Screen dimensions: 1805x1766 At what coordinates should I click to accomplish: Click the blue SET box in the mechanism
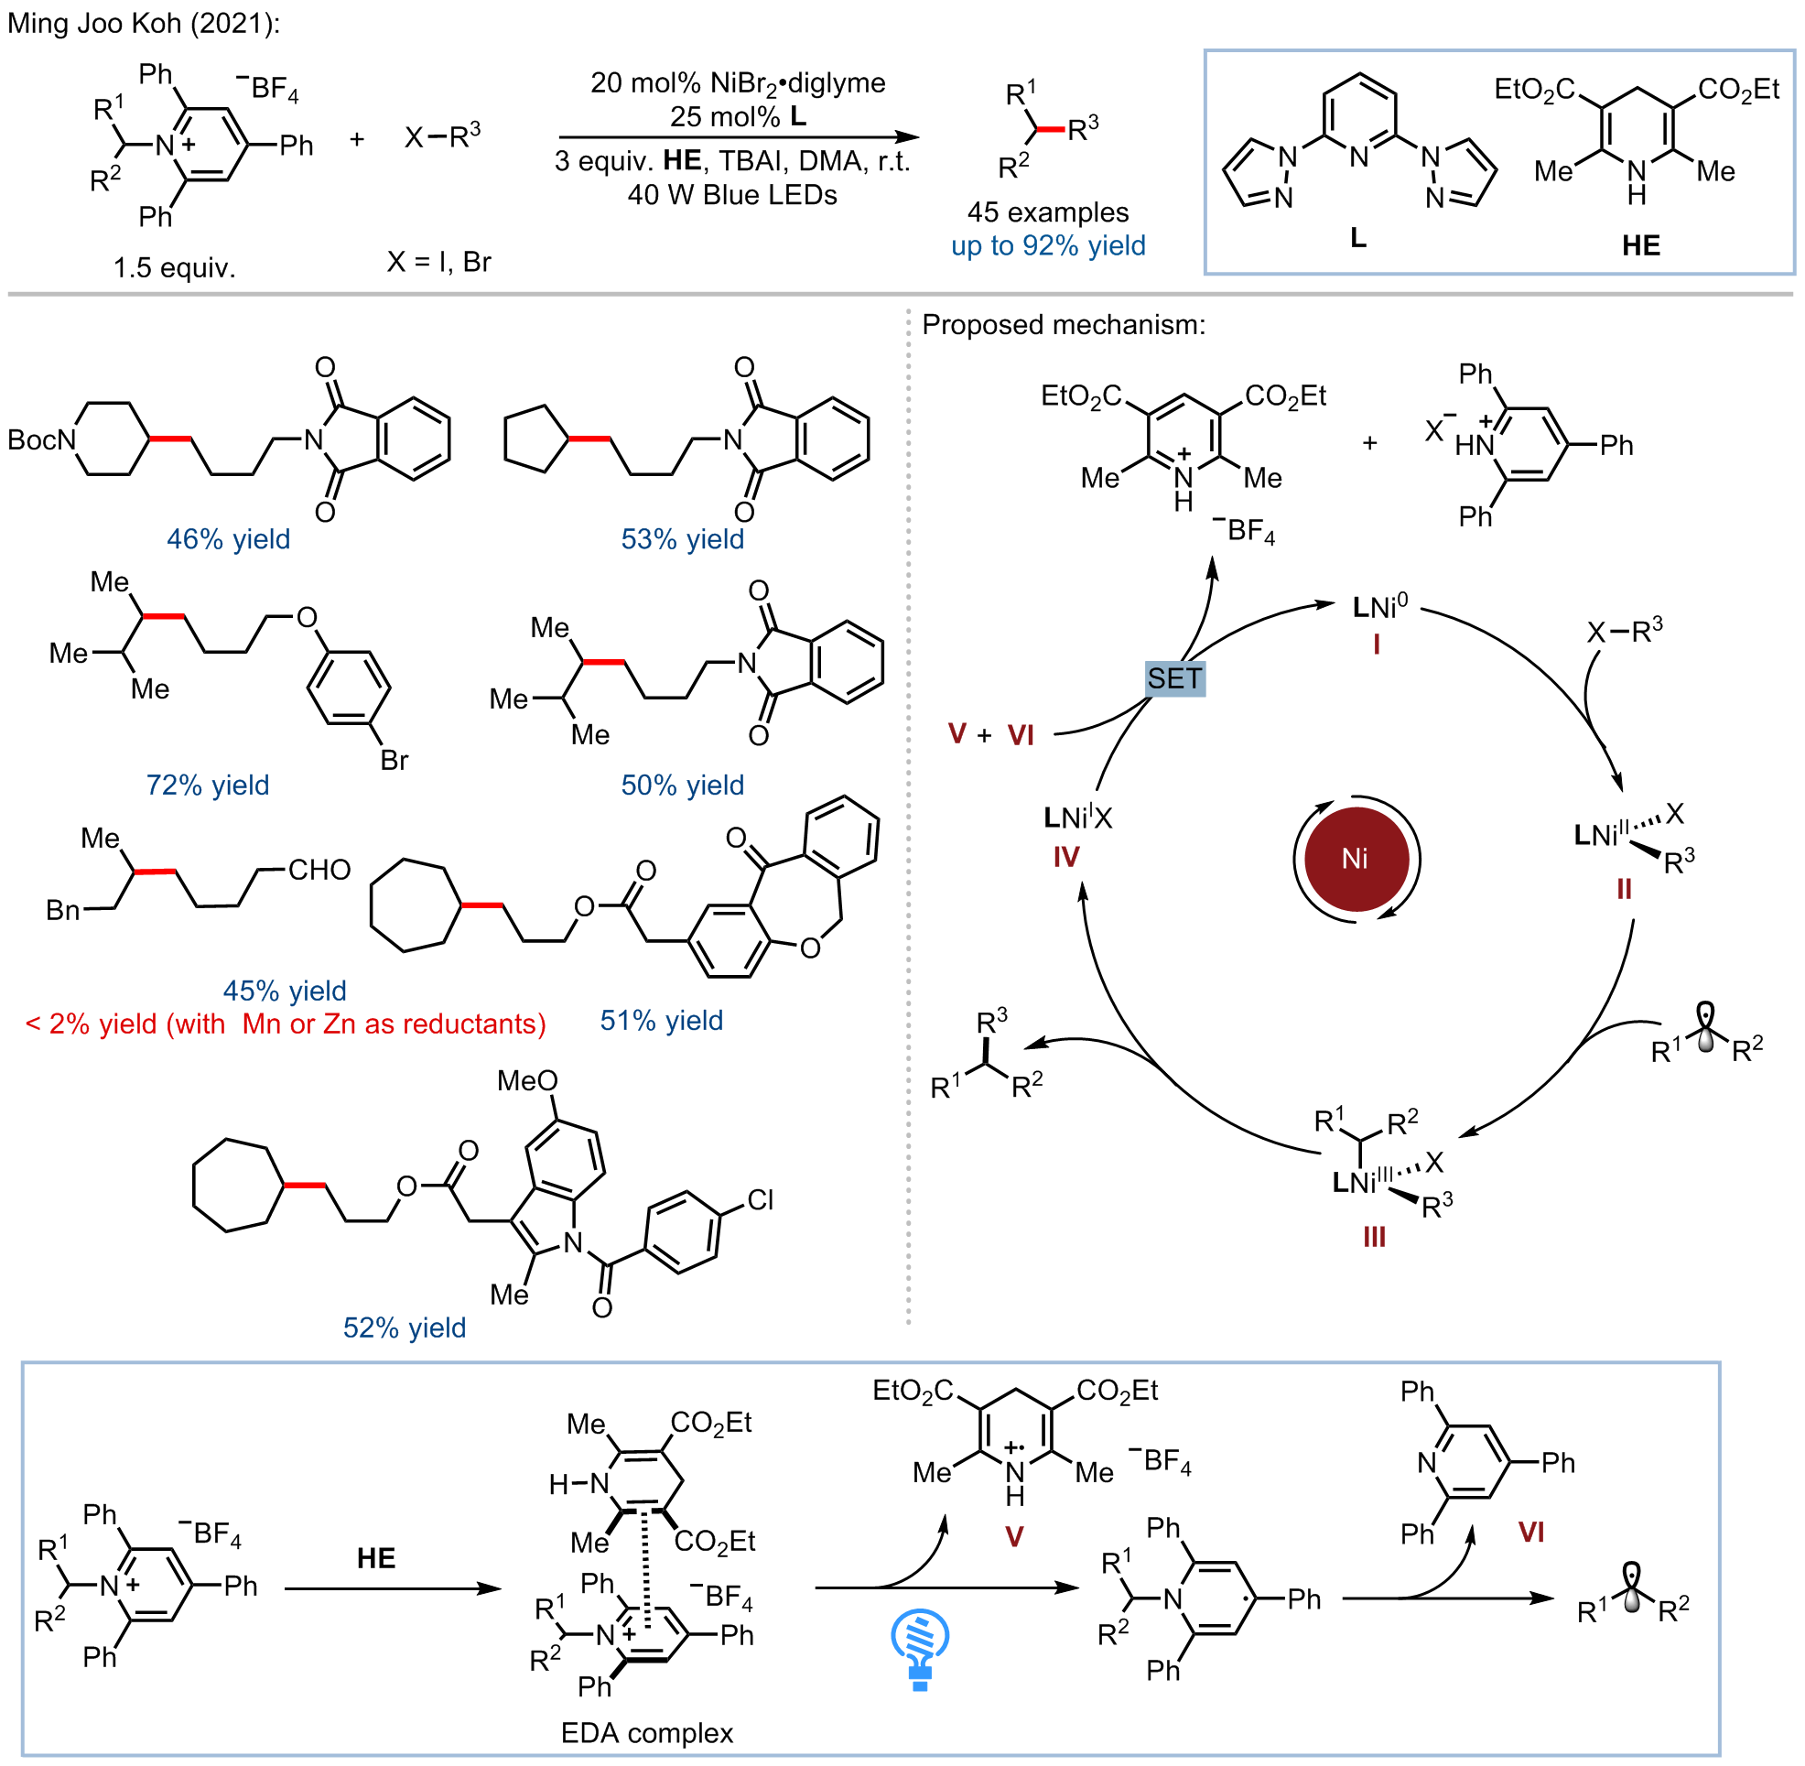[x=1174, y=679]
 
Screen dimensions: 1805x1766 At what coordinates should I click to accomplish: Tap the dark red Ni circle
[x=1356, y=858]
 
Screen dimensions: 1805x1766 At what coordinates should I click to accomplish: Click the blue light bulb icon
[x=919, y=1649]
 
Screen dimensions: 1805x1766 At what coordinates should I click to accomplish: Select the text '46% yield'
[x=228, y=539]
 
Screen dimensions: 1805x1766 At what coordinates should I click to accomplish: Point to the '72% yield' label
[x=208, y=785]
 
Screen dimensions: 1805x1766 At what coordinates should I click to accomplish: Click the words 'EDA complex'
[x=646, y=1732]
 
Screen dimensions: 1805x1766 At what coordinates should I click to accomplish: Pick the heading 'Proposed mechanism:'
[x=1064, y=325]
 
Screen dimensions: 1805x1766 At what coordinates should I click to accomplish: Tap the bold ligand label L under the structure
[x=1358, y=238]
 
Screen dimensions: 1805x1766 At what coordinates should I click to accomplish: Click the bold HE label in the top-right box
[x=1641, y=244]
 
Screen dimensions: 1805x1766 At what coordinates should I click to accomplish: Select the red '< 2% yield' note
[x=286, y=1023]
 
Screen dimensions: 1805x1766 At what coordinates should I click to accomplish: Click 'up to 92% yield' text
[x=1048, y=245]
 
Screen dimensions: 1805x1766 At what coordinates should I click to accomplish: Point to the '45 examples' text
[x=1048, y=212]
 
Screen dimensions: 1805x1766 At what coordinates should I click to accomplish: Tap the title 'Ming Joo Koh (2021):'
[x=144, y=23]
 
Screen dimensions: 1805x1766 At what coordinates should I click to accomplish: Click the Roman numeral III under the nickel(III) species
[x=1374, y=1237]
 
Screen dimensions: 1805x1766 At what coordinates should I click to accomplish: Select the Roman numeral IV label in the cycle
[x=1066, y=856]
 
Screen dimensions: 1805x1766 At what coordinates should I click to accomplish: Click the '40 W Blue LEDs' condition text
[x=732, y=195]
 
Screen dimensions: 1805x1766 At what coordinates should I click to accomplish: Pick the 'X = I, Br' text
[x=438, y=263]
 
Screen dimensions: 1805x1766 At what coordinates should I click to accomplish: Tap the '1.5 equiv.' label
[x=175, y=268]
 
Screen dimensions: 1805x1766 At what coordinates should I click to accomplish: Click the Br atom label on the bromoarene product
[x=395, y=761]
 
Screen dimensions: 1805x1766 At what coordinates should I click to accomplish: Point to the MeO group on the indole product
[x=527, y=1080]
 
